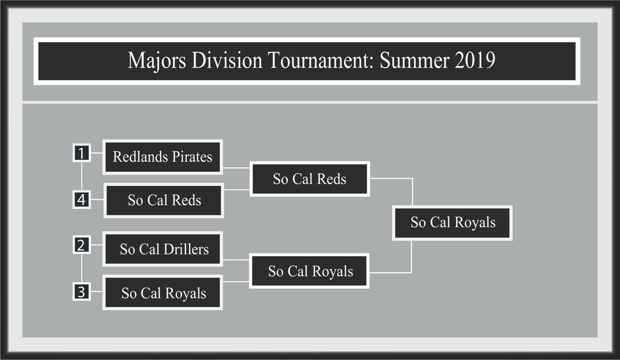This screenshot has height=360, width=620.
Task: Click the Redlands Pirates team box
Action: (x=163, y=157)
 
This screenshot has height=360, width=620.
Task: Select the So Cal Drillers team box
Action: (x=163, y=249)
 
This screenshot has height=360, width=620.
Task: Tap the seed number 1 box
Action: (x=82, y=152)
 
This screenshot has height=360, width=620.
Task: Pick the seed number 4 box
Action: (x=82, y=199)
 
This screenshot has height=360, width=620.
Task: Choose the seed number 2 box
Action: (x=82, y=245)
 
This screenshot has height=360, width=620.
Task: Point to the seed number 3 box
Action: (x=82, y=291)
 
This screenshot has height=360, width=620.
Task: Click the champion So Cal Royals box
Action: (x=452, y=223)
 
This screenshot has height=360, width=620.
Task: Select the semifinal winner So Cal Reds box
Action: (x=309, y=179)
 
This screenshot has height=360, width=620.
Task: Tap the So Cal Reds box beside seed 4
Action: (x=164, y=200)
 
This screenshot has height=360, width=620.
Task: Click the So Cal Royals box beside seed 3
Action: (x=163, y=292)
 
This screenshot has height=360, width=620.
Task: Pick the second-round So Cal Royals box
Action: (x=309, y=271)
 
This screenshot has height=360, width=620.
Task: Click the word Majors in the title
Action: (x=157, y=60)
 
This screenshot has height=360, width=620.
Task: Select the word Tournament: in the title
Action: (x=321, y=60)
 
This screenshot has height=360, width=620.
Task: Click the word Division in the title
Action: (x=227, y=60)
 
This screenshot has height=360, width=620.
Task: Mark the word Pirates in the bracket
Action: (x=192, y=156)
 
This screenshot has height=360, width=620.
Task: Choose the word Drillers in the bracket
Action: (x=186, y=249)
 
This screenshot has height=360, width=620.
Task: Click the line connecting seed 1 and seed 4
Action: (x=82, y=176)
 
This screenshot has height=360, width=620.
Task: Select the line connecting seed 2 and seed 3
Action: (x=82, y=268)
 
